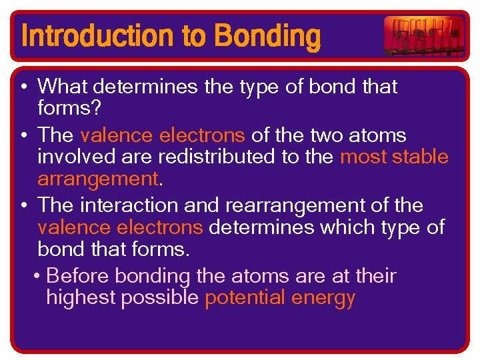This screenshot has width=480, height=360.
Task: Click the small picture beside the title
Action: point(424,35)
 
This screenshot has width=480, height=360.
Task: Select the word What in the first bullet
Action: point(63,87)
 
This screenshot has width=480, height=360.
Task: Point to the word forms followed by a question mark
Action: point(65,108)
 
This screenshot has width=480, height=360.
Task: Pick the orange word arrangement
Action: point(98,179)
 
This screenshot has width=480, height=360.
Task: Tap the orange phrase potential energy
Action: point(280,298)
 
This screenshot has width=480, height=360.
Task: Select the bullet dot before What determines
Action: point(23,87)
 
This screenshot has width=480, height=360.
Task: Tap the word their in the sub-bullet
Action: point(376,276)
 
